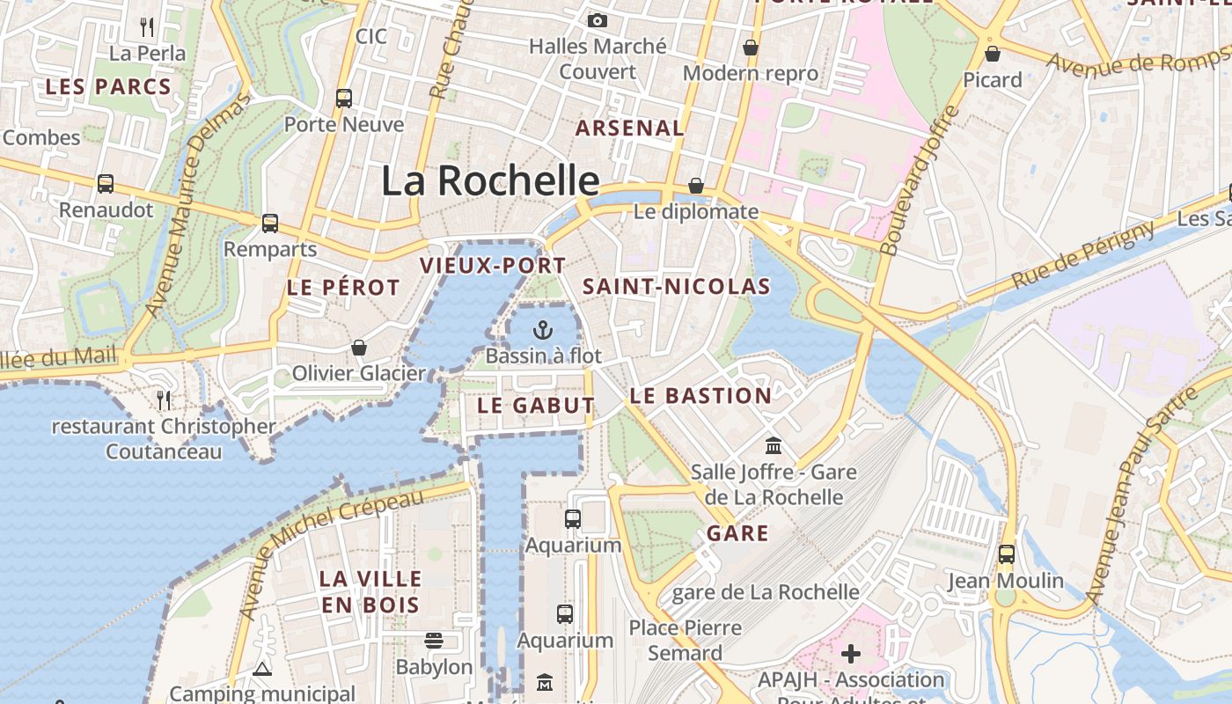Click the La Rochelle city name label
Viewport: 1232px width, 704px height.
coord(490,180)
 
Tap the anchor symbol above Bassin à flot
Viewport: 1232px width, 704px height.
coord(544,331)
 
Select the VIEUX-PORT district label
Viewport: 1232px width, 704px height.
coord(493,265)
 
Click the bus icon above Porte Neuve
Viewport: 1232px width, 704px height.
coord(344,99)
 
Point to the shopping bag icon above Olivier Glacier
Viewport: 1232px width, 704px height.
coord(358,348)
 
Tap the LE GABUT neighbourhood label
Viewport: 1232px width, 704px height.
coord(536,406)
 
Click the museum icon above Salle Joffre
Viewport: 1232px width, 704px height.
coord(774,445)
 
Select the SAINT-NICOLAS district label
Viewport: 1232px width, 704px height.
coord(676,286)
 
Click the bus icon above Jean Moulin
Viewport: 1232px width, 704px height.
coord(1006,554)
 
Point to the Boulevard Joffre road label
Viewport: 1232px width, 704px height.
coord(919,181)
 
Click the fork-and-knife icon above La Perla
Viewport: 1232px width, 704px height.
coord(147,27)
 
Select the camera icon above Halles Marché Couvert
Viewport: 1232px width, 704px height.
coord(598,20)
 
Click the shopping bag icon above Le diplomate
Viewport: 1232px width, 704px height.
coord(696,186)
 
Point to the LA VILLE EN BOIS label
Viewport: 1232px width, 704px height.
coord(370,592)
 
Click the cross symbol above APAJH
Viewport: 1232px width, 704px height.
coord(850,654)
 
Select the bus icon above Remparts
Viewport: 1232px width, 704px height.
coord(270,224)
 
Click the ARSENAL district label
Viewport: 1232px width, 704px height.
coord(629,128)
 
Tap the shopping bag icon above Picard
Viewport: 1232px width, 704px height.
coord(993,55)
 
